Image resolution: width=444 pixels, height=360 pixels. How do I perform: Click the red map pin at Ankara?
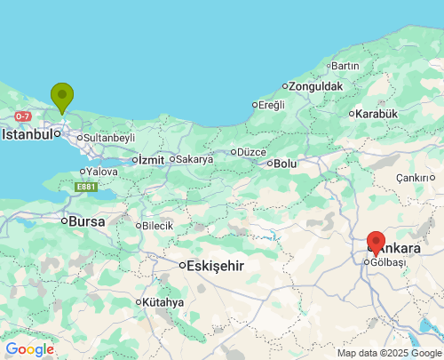tap(376, 242)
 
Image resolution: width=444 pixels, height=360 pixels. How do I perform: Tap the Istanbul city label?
tap(27, 135)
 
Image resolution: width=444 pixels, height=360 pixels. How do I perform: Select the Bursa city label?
tap(86, 220)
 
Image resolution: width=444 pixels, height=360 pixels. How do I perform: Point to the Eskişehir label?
tap(215, 265)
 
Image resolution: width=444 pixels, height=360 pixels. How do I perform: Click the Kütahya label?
tap(163, 302)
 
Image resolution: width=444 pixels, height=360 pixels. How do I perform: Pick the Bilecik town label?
tap(157, 226)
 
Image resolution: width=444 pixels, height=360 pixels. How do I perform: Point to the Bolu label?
tap(285, 164)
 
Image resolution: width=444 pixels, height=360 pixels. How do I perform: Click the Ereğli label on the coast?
tap(271, 105)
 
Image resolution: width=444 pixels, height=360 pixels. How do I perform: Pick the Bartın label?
tap(345, 66)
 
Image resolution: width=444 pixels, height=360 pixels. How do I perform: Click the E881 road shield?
tap(85, 187)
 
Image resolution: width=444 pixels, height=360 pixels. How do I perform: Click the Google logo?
tap(29, 349)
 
